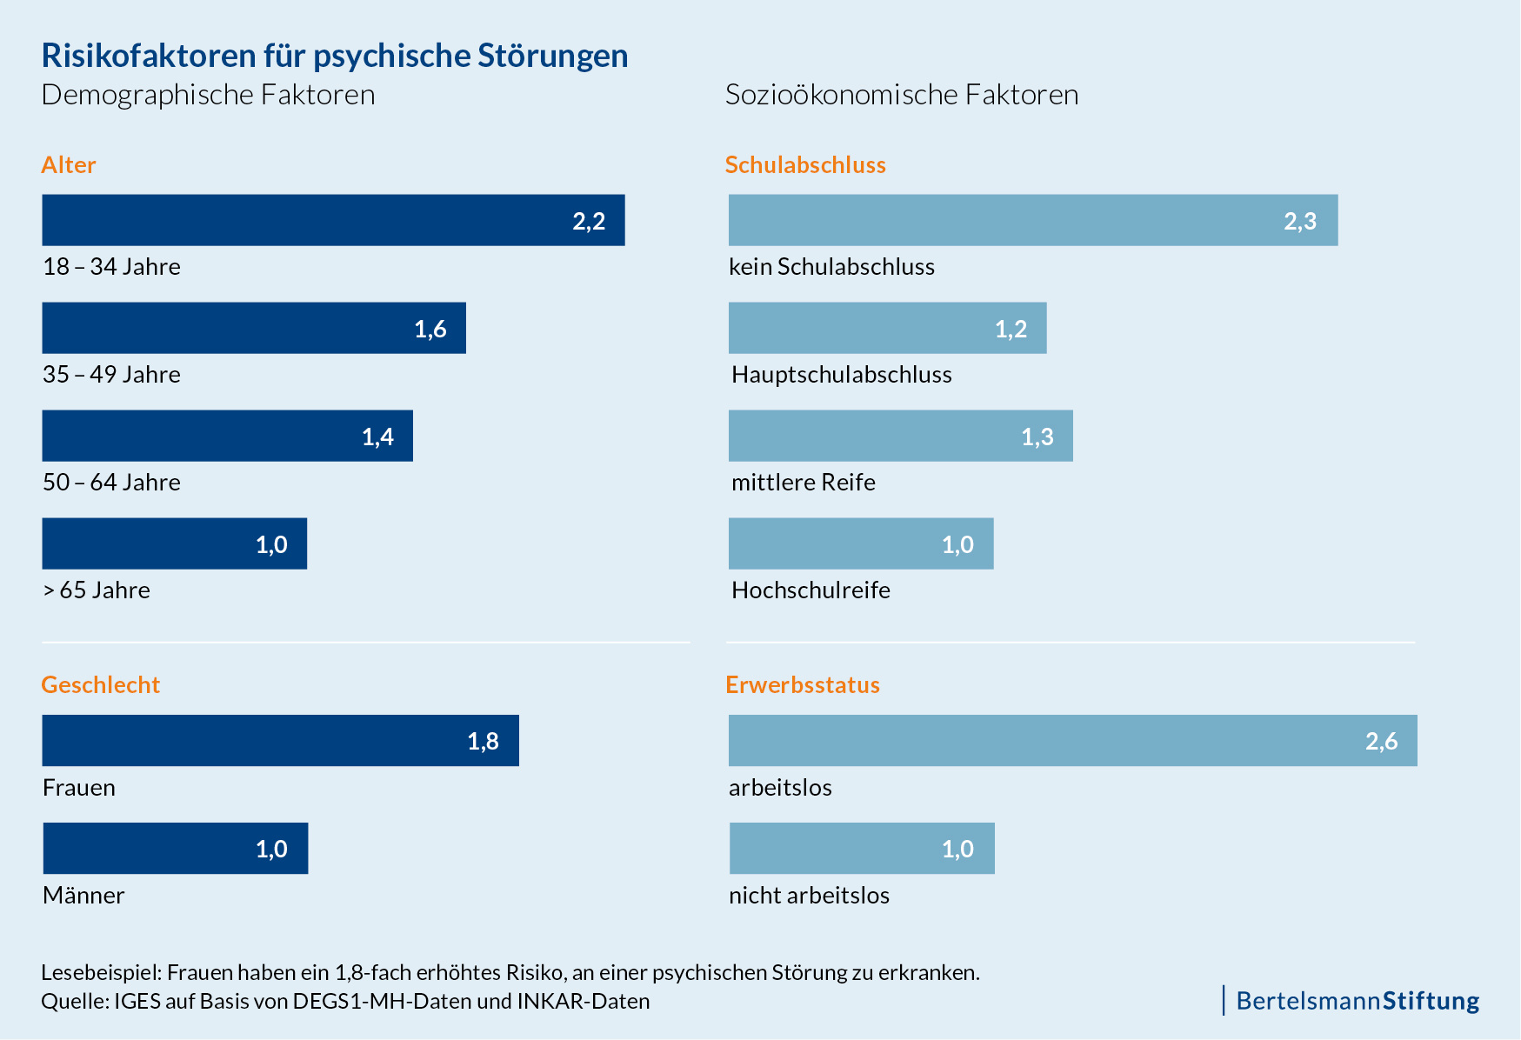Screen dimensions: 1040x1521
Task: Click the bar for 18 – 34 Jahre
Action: click(x=333, y=220)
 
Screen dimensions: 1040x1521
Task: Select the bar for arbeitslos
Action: click(x=1072, y=741)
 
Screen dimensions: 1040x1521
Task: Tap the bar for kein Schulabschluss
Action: click(x=1032, y=220)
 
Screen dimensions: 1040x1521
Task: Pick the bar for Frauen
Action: click(x=280, y=741)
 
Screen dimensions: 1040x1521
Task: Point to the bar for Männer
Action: click(x=175, y=849)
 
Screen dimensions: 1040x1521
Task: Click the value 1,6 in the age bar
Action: click(x=430, y=329)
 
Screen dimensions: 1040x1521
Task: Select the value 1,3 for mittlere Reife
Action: click(x=1037, y=437)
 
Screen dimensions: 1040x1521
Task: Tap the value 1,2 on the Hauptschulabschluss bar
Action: click(x=1011, y=329)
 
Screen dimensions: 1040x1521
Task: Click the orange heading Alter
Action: click(x=69, y=165)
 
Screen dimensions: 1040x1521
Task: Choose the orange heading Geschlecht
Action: click(x=101, y=685)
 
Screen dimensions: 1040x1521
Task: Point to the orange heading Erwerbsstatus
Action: click(x=803, y=685)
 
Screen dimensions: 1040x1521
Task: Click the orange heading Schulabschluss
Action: click(x=805, y=165)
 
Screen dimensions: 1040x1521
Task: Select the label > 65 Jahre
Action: click(x=97, y=590)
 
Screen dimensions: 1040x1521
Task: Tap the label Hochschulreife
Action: click(x=811, y=590)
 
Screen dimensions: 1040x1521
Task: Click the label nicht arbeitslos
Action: click(x=809, y=896)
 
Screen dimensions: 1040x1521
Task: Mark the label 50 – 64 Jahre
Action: click(x=111, y=483)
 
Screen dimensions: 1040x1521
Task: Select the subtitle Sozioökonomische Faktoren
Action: click(x=902, y=95)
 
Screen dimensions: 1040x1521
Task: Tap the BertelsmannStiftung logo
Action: click(x=1357, y=1001)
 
